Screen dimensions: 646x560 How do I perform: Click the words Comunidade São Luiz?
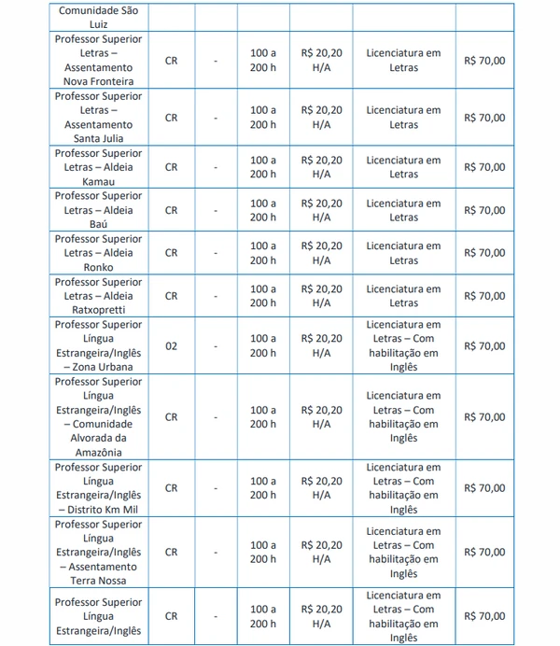98,19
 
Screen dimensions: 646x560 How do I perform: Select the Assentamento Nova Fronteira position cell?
98,61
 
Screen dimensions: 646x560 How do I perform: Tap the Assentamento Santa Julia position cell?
98,118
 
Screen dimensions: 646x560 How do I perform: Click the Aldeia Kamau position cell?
98,167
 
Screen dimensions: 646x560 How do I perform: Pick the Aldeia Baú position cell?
98,210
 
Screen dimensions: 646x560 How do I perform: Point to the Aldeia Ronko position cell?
98,253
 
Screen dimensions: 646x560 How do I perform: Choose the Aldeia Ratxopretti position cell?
98,296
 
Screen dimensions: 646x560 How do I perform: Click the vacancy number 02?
171,346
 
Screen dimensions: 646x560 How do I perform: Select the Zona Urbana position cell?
98,346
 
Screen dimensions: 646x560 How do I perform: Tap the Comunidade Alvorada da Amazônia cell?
98,417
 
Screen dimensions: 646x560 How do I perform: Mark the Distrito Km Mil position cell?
98,488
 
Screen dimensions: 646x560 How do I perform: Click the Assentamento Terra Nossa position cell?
98,552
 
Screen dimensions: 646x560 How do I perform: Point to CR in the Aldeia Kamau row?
171,167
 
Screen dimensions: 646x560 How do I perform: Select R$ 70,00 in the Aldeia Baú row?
484,210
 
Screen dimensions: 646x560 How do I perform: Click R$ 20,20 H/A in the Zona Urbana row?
322,346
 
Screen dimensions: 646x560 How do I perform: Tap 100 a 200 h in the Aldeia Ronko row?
263,253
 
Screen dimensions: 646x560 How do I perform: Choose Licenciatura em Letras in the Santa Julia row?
404,118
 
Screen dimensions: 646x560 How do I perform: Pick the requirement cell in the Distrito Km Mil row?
404,488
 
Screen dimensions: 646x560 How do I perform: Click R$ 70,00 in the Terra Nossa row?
484,552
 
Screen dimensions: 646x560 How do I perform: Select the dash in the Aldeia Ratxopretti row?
216,296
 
